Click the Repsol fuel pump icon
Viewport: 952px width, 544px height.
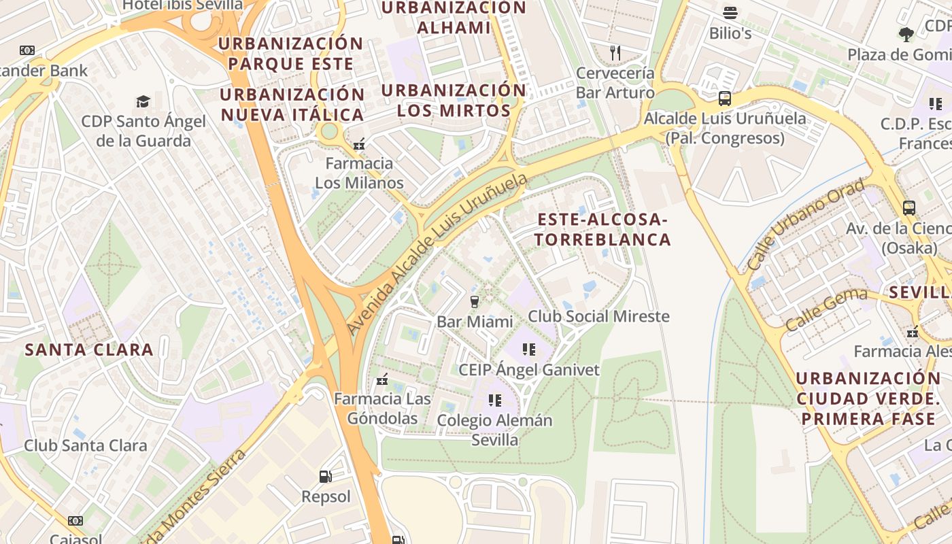326,477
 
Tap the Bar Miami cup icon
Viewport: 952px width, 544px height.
475,301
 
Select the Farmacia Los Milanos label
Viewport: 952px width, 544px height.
359,173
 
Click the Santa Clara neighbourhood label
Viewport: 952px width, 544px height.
89,350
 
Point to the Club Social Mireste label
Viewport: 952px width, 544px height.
598,316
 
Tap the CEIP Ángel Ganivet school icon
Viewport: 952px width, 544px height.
528,350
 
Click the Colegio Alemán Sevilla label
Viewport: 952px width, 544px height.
495,430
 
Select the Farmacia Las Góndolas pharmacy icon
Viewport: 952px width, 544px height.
382,379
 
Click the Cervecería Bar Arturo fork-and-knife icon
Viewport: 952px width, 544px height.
615,52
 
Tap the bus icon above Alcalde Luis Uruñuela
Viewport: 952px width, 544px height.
725,99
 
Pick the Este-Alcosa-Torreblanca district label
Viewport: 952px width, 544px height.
603,229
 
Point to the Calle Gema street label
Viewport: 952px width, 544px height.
826,309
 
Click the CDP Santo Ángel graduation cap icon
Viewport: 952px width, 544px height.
143,101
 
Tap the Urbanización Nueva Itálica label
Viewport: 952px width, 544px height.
292,104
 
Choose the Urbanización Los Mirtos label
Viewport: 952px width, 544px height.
454,100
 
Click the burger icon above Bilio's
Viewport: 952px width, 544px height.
730,13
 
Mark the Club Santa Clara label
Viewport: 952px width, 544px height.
86,446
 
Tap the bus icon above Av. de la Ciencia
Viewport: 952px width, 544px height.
909,207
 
